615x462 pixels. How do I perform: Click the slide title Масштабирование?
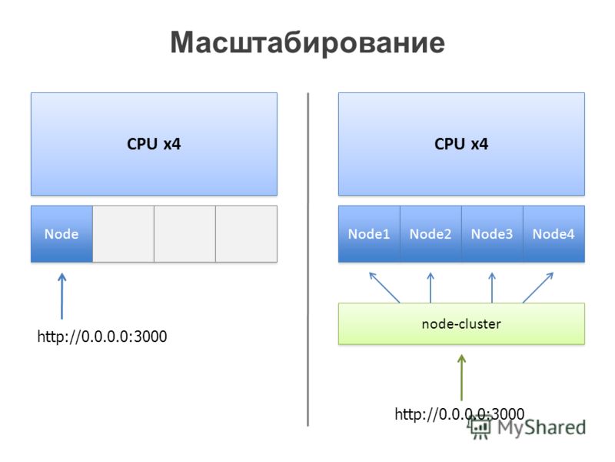pos(307,42)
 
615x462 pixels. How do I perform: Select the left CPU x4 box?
pos(155,144)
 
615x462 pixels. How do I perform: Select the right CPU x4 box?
pos(462,144)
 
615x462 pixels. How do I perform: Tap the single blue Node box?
pos(62,234)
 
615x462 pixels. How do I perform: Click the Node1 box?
pos(369,234)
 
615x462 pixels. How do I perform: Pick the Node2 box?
pos(430,234)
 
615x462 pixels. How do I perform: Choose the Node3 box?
pos(492,234)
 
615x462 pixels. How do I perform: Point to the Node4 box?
pos(553,234)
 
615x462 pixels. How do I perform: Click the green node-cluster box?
pos(462,323)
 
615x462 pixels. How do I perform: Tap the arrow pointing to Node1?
pos(384,287)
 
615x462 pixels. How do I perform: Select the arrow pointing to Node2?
pos(430,287)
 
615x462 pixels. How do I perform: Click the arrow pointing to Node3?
pos(492,287)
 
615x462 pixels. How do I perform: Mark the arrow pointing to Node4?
pos(538,287)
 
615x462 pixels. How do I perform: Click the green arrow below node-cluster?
pos(462,377)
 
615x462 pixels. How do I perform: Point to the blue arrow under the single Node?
pos(62,296)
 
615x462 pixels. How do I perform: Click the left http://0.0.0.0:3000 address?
pos(102,336)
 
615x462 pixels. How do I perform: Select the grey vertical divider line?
pos(308,259)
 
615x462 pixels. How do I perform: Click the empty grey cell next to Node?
pos(124,234)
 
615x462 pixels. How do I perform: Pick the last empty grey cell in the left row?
pos(246,234)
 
